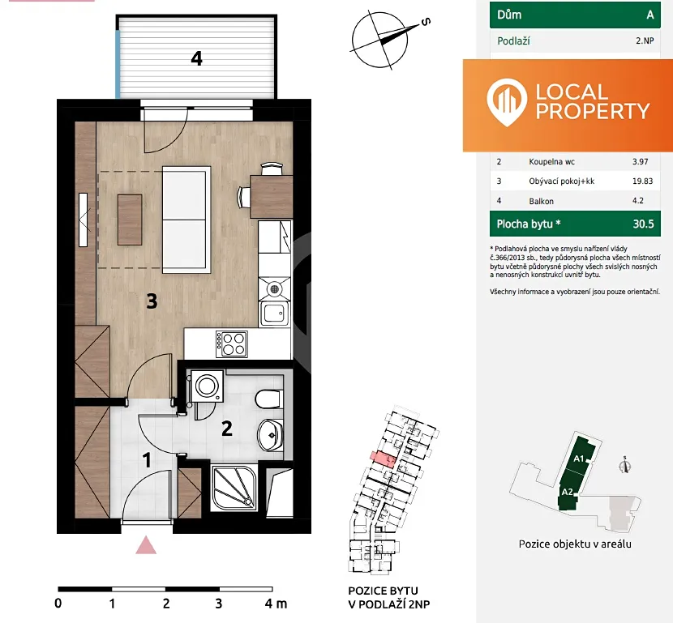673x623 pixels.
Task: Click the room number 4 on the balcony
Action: click(196, 58)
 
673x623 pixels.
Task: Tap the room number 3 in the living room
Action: click(152, 301)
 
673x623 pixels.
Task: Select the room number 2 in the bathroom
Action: click(226, 429)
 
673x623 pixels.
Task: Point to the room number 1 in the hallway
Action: click(147, 460)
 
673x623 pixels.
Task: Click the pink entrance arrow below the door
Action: click(146, 545)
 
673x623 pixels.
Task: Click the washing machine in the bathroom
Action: click(208, 386)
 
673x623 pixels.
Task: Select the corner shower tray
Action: click(234, 487)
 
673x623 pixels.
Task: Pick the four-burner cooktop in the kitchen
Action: click(232, 344)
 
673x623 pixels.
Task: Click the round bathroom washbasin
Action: click(270, 435)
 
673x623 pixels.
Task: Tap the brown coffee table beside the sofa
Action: click(130, 220)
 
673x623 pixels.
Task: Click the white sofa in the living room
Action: click(186, 220)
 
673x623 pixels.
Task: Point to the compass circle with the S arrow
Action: click(379, 40)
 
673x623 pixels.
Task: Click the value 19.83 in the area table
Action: click(642, 181)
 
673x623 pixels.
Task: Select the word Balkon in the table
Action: click(541, 201)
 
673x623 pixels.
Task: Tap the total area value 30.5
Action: click(643, 224)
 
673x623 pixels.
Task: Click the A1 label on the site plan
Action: click(579, 459)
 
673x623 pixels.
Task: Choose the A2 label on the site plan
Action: click(568, 492)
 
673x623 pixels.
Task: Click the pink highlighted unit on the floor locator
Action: click(384, 459)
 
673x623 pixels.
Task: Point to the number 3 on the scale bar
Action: click(219, 604)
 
